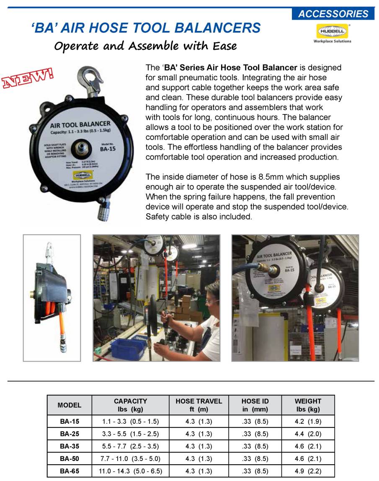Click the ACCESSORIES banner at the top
[333, 14]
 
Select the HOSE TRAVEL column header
[199, 405]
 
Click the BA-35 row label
[69, 446]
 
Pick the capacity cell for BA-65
[130, 471]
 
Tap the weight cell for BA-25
[308, 434]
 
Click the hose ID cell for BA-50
[255, 458]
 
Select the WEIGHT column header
[308, 405]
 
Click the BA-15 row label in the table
[69, 421]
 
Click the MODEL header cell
[69, 405]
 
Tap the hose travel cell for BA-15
[199, 421]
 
